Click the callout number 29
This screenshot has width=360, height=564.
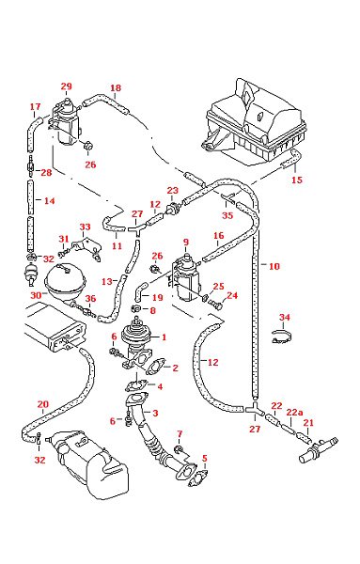click(66, 86)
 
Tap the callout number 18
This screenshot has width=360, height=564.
click(116, 89)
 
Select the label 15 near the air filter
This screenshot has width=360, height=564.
click(298, 179)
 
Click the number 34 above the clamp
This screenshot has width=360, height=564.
click(285, 317)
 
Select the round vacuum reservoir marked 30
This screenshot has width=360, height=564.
click(64, 280)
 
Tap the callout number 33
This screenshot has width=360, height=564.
click(85, 227)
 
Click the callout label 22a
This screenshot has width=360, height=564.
click(295, 411)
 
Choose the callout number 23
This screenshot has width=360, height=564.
click(172, 190)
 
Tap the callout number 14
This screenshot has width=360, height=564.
click(50, 201)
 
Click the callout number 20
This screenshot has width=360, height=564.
click(42, 404)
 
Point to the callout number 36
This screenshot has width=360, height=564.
click(91, 300)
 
